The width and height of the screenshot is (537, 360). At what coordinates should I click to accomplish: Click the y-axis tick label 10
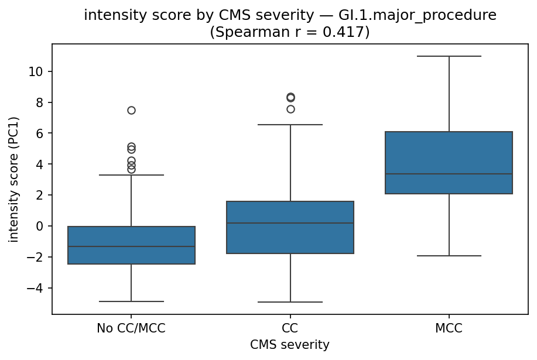pos(36,71)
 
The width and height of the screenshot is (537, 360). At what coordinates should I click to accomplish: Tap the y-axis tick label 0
pos(39,226)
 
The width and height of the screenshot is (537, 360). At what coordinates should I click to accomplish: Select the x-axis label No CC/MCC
pos(131,329)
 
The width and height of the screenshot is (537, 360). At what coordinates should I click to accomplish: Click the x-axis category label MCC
pos(449,329)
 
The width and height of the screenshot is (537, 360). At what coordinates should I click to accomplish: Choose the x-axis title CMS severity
pos(290,345)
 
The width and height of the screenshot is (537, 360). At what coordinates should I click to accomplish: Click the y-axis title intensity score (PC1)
pos(13,179)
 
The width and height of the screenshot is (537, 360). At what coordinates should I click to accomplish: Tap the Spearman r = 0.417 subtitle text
pos(290,32)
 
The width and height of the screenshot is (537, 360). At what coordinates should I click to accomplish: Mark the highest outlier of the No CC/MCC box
pos(131,110)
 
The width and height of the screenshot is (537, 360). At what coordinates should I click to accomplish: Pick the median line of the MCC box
pos(449,174)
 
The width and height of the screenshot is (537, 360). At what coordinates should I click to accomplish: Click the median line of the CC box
pos(290,223)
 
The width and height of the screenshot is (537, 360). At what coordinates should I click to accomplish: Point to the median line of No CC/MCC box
pos(131,246)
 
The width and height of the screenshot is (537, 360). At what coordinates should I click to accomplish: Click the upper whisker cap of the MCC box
pos(449,56)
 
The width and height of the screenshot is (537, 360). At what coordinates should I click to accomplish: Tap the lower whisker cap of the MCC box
pos(449,256)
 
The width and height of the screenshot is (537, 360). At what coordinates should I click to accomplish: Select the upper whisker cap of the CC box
pos(290,125)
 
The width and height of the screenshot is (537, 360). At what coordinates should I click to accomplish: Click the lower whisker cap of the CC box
pos(290,302)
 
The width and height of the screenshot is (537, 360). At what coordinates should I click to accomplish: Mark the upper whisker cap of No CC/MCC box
pos(131,175)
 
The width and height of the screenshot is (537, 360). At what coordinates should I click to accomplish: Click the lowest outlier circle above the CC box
pos(290,109)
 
